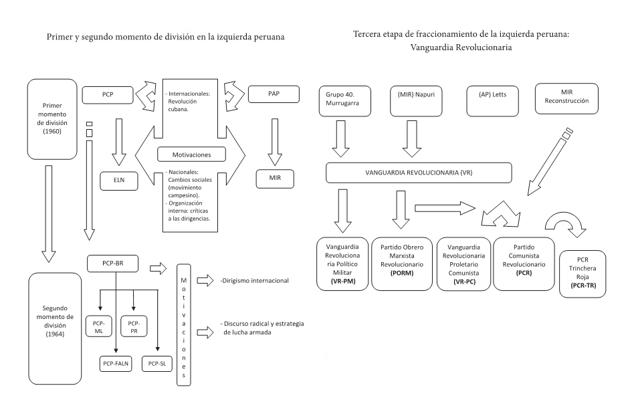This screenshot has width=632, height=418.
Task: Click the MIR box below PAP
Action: pyautogui.click(x=274, y=179)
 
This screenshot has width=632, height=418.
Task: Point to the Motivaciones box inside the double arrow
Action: pyautogui.click(x=190, y=155)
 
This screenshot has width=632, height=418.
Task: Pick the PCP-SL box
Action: pyautogui.click(x=157, y=362)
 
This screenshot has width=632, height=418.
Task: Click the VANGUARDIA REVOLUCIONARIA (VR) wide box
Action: pyautogui.click(x=419, y=172)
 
